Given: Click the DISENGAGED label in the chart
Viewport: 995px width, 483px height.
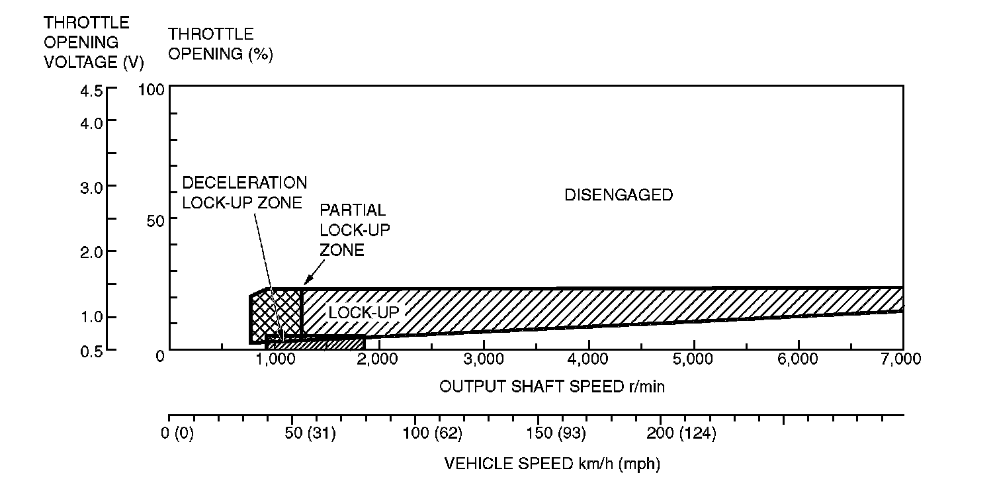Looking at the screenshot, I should click(618, 195).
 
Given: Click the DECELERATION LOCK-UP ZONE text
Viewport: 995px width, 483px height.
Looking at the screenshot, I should click(244, 193).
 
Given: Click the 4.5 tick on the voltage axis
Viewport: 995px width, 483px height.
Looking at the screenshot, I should click(92, 91).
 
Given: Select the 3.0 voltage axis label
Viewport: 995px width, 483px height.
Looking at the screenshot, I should click(92, 187).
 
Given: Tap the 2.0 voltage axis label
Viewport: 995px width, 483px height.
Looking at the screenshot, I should click(92, 252).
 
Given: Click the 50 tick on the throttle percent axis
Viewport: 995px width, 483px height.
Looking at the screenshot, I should click(155, 220).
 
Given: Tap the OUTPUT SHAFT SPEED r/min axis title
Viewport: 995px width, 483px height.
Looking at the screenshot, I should click(552, 387).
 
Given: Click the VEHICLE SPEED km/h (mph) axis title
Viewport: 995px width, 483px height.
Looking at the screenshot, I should click(552, 464).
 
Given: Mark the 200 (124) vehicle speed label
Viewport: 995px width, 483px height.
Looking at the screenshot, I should click(681, 434).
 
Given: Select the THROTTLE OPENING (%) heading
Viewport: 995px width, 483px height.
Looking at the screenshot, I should click(220, 44).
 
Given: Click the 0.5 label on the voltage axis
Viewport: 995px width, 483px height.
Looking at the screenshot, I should click(92, 351).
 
